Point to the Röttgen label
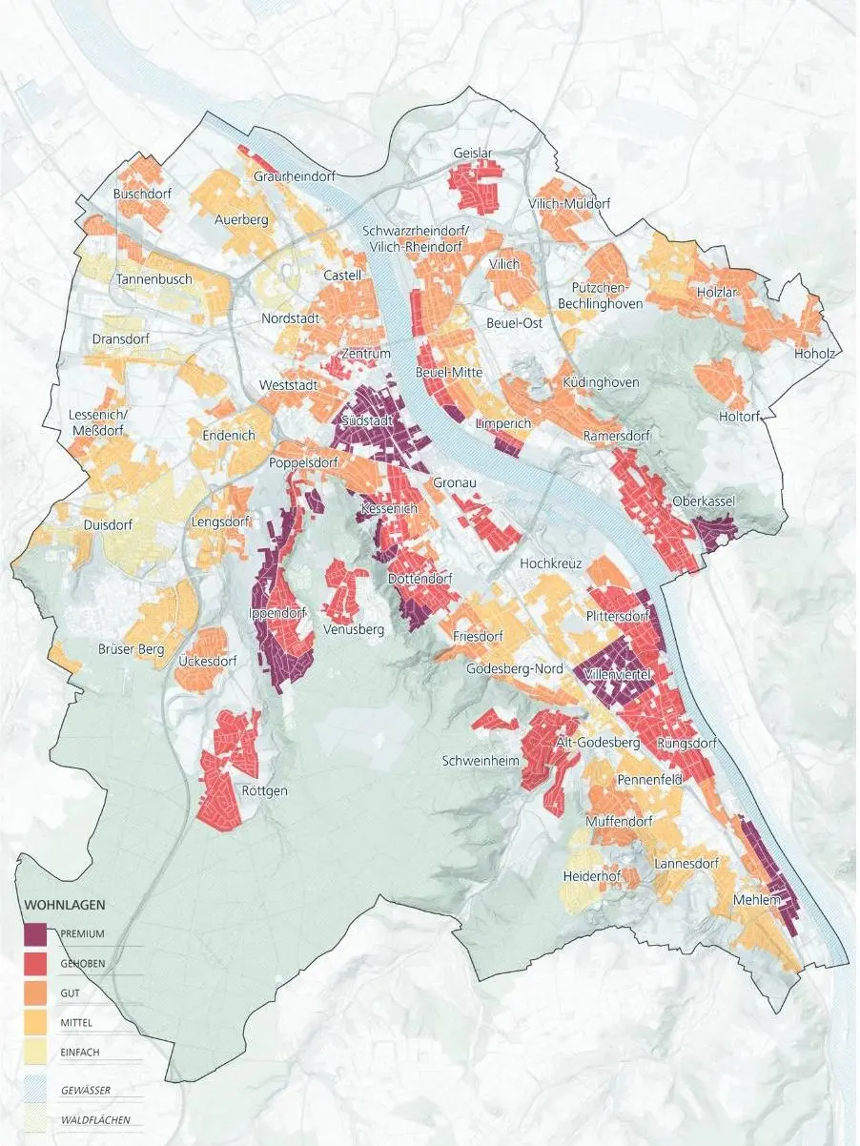[x=264, y=790]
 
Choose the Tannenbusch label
[x=154, y=280]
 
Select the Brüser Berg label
[x=132, y=650]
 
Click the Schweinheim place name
[x=481, y=761]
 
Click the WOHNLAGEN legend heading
[x=64, y=904]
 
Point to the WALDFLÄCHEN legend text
[x=94, y=1120]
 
